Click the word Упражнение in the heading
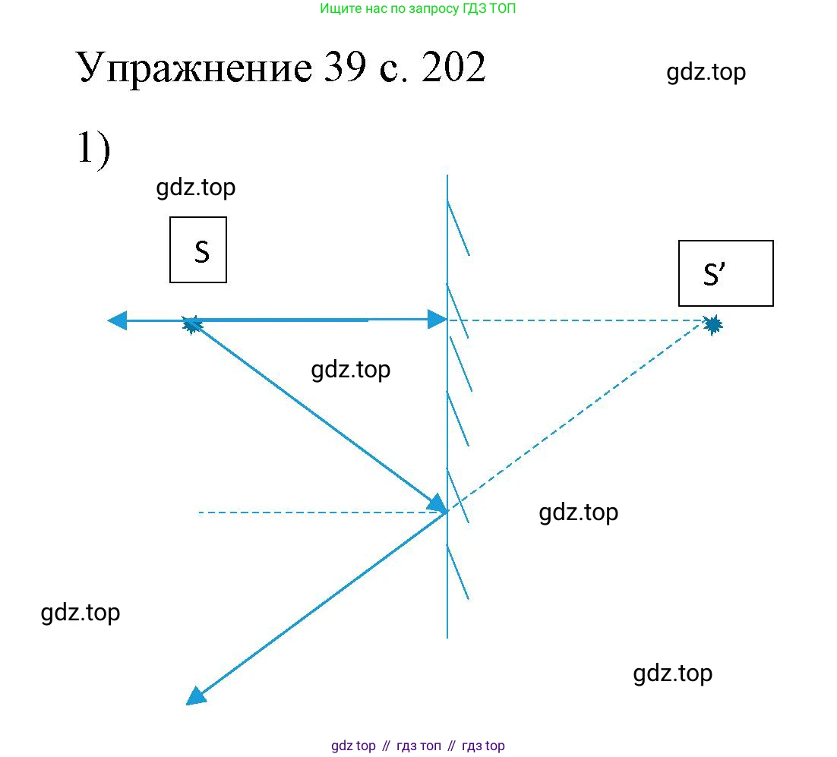click(194, 68)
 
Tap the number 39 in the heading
click(345, 67)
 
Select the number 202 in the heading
click(453, 67)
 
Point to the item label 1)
click(94, 149)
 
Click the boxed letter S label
click(198, 250)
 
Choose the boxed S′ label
click(726, 273)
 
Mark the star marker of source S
click(191, 323)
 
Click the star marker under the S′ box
click(712, 324)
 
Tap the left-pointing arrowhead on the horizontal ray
click(118, 320)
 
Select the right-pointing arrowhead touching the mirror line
click(437, 320)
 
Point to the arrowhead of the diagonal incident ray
click(437, 503)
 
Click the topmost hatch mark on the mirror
click(459, 229)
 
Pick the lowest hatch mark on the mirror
click(458, 572)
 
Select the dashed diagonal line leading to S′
click(580, 416)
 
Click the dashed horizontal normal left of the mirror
click(322, 513)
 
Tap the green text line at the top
click(418, 8)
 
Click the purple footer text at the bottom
click(418, 746)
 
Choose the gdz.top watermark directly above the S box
click(196, 188)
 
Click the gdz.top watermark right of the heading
click(706, 73)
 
